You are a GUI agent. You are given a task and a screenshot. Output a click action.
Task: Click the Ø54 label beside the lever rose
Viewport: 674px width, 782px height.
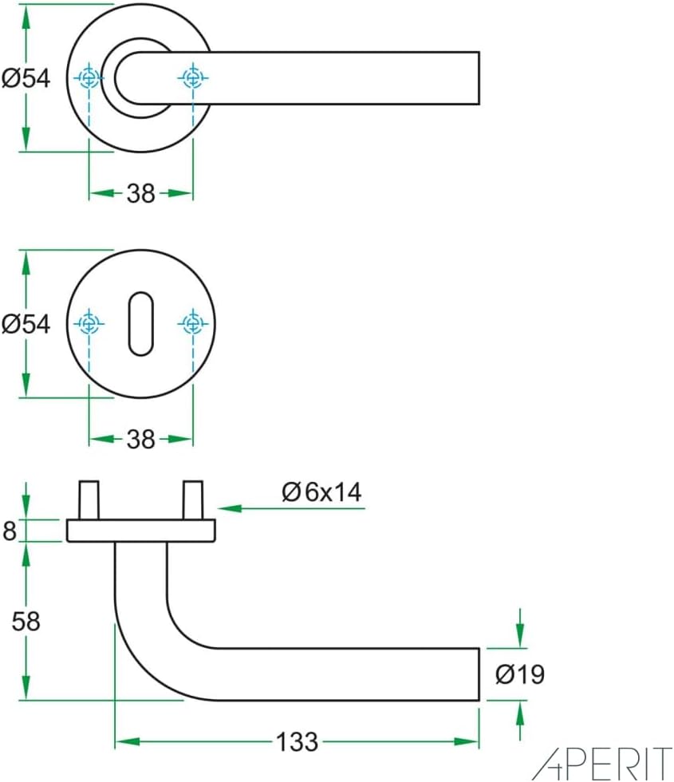point(26,78)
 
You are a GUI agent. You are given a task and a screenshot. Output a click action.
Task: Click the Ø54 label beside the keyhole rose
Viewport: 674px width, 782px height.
point(26,324)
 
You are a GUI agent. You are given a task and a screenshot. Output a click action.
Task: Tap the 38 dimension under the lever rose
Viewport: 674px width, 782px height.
point(140,193)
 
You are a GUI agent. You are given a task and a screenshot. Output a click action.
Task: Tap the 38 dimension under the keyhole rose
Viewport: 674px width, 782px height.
point(140,439)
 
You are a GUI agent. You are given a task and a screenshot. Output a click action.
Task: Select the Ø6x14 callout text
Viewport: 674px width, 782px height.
point(321,492)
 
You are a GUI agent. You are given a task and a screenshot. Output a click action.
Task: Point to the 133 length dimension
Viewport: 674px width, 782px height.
point(297,742)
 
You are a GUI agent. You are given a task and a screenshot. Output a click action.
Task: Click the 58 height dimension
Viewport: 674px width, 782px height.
point(26,621)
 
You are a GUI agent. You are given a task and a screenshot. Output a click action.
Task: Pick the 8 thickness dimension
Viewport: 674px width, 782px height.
point(10,531)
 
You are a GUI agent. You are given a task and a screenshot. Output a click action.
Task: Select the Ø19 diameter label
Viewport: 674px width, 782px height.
point(520,674)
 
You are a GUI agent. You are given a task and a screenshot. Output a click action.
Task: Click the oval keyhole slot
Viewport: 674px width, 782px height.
point(139,324)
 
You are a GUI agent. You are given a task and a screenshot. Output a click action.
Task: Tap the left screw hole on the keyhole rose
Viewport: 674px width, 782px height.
point(89,323)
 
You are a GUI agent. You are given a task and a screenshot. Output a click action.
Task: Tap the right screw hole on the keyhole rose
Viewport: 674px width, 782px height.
point(192,323)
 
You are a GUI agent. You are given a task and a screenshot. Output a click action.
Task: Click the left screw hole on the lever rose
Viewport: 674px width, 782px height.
point(89,78)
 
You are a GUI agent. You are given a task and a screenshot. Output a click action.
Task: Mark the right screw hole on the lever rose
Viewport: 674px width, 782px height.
point(192,78)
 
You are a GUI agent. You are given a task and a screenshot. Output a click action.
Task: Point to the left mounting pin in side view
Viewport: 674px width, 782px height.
point(89,500)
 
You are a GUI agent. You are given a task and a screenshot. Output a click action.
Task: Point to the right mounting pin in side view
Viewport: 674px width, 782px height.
point(192,500)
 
